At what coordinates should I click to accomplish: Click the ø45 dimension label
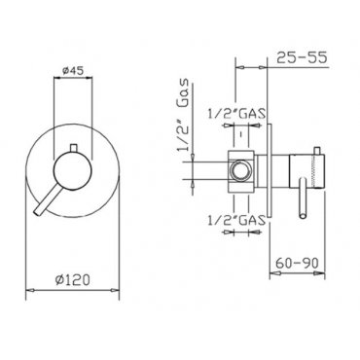[x=72, y=70]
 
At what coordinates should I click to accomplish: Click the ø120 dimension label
[x=72, y=279]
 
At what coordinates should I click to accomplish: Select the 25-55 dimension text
[x=302, y=58]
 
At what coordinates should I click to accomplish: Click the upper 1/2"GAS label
[x=236, y=114]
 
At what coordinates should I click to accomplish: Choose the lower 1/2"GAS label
[x=236, y=221]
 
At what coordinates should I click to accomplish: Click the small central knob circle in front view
[x=73, y=171]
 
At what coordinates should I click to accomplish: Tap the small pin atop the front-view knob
[x=73, y=148]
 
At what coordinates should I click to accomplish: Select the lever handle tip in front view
[x=37, y=210]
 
